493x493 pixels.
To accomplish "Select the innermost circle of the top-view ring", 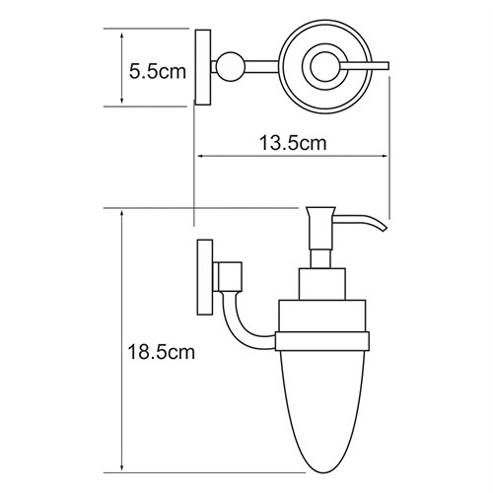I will coord(321,67).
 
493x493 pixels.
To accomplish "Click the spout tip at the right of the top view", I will coord(387,67).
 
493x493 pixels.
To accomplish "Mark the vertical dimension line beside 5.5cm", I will coord(120,66).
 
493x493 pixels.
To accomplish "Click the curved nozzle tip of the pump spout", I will coord(381,230).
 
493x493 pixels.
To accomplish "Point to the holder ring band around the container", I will coord(321,341).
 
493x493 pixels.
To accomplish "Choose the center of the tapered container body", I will coord(321,399).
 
